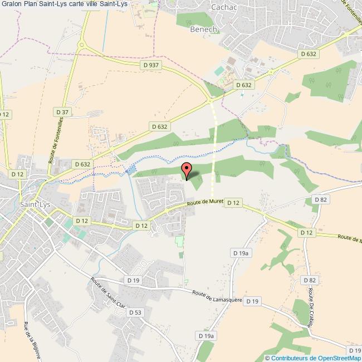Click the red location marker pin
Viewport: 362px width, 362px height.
(187, 170)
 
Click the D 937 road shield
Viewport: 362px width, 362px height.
(151, 65)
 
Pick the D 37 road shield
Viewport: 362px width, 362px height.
(62, 112)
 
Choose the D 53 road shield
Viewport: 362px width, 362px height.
(135, 312)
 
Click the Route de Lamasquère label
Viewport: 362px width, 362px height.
(217, 296)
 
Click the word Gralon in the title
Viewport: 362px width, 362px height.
(12, 4)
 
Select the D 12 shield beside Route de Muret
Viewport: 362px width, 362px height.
(233, 203)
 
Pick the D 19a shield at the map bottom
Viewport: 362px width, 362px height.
(206, 336)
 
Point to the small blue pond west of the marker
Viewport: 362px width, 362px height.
(131, 169)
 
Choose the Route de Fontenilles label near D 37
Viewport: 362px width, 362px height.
(54, 143)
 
